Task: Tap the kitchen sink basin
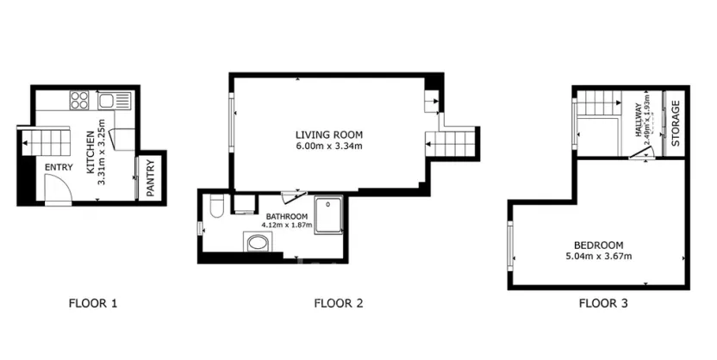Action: tap(108, 101)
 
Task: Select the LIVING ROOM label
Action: tap(329, 134)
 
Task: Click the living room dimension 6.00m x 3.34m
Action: tap(329, 146)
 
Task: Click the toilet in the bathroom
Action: tap(216, 206)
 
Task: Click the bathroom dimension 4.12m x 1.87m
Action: tap(287, 226)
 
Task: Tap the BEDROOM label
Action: tap(598, 244)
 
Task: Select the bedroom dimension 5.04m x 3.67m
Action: tap(598, 256)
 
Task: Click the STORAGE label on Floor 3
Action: tap(676, 123)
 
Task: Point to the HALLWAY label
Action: tap(639, 121)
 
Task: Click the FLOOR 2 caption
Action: tap(338, 303)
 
